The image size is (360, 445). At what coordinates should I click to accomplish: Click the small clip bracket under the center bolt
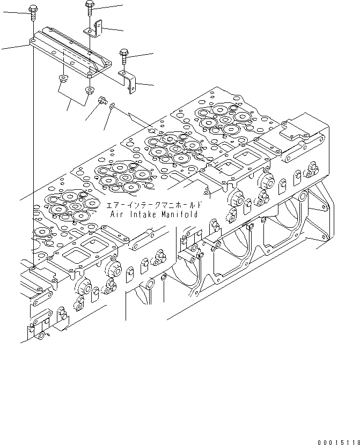click(95, 29)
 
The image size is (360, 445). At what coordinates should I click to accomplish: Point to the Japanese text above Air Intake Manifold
click(155, 205)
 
